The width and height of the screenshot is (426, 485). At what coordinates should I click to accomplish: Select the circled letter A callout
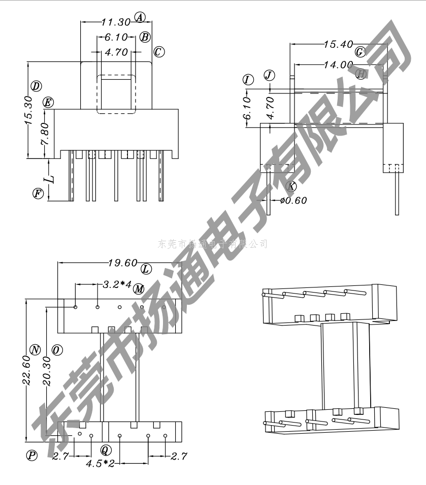140,17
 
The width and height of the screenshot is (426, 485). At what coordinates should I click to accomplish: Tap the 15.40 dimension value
338,45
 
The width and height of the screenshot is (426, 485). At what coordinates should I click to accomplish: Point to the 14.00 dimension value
338,64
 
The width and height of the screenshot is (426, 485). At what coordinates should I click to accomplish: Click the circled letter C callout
159,51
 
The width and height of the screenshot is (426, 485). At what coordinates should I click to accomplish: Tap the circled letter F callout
38,193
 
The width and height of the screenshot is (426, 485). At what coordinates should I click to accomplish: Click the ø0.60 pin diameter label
293,200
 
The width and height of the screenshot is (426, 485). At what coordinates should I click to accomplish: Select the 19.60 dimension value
123,263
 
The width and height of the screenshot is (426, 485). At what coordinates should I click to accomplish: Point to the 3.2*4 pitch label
117,284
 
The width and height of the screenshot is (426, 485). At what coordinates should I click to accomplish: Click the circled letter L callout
146,269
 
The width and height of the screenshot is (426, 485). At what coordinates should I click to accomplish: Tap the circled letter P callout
32,456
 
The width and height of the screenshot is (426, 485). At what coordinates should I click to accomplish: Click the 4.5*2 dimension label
100,464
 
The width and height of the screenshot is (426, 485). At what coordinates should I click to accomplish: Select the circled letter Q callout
106,450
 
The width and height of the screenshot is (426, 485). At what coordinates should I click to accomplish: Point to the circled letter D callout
36,85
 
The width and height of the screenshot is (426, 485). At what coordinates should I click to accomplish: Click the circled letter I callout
248,80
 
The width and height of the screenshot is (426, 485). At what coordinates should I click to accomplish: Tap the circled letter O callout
57,350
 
